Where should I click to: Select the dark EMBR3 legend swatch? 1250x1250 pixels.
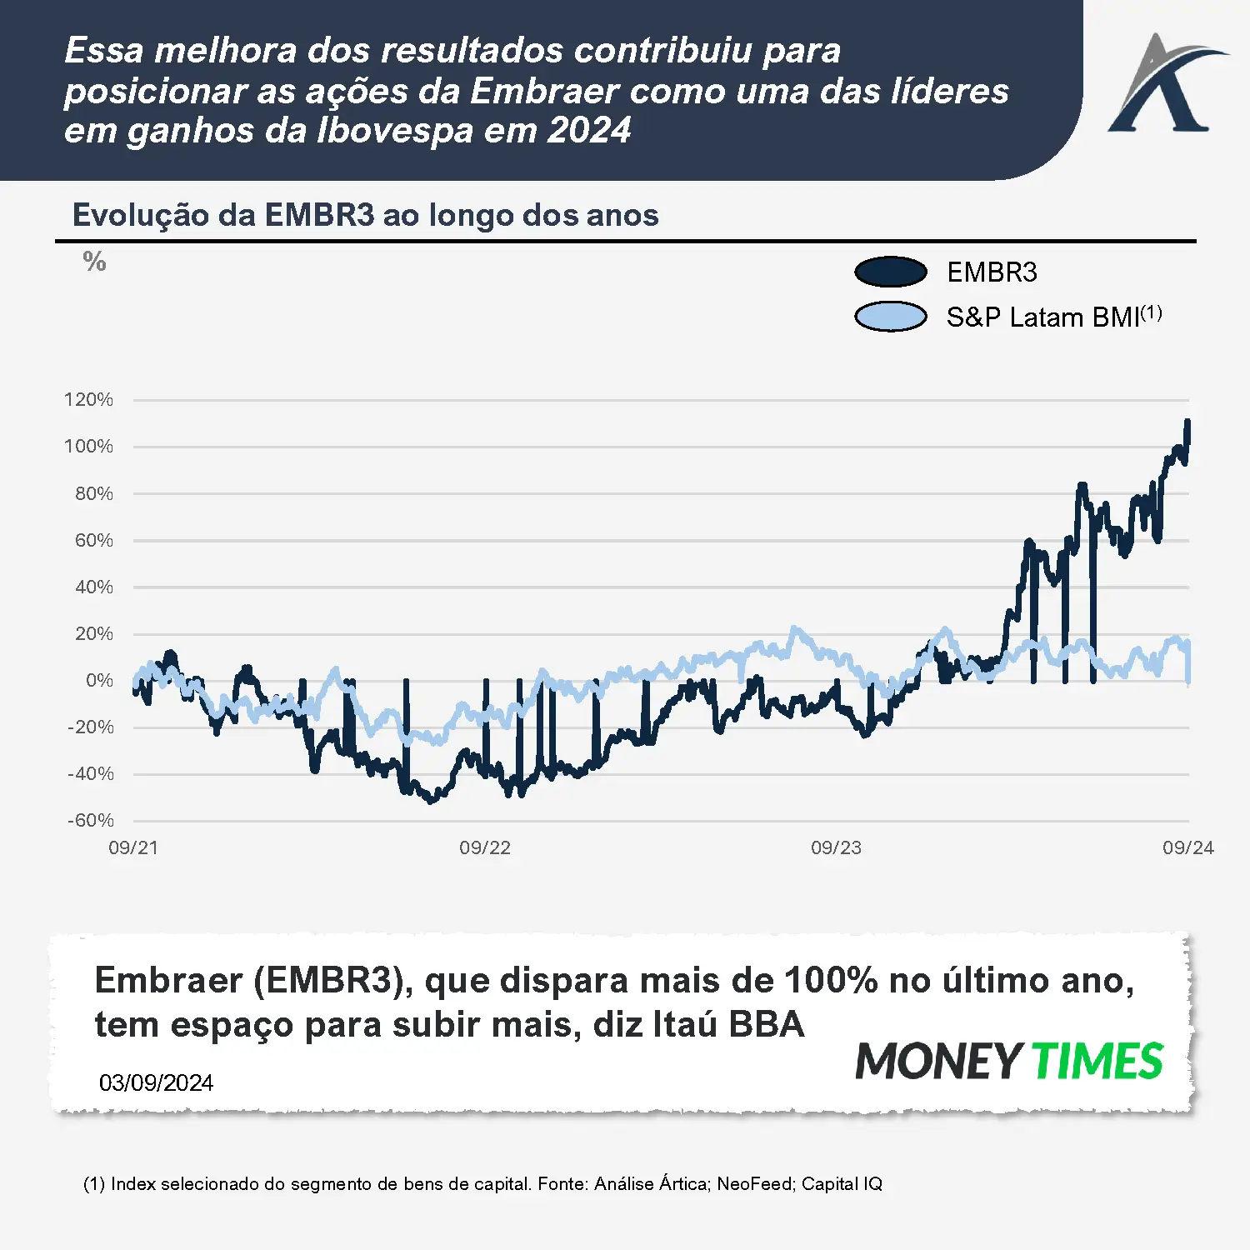pyautogui.click(x=890, y=272)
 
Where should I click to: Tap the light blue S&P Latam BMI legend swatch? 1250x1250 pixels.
pyautogui.click(x=890, y=317)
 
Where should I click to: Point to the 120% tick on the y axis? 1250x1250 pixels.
pyautogui.click(x=88, y=399)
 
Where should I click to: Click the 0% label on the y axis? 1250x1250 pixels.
pyautogui.click(x=99, y=680)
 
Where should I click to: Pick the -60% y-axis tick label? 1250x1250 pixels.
pyautogui.click(x=90, y=820)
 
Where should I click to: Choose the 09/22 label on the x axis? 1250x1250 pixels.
pyautogui.click(x=485, y=847)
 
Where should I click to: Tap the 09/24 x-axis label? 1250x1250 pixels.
pyautogui.click(x=1187, y=847)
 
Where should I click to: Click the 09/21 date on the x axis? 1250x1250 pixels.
pyautogui.click(x=133, y=847)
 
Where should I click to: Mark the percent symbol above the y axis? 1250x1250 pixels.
pyautogui.click(x=94, y=262)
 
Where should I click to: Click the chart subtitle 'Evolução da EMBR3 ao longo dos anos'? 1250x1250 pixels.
pyautogui.click(x=365, y=215)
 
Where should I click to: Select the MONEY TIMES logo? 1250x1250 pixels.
pyautogui.click(x=1009, y=1061)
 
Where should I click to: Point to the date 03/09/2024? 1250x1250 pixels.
pyautogui.click(x=156, y=1082)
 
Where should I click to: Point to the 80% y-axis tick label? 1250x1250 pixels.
pyautogui.click(x=93, y=493)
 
